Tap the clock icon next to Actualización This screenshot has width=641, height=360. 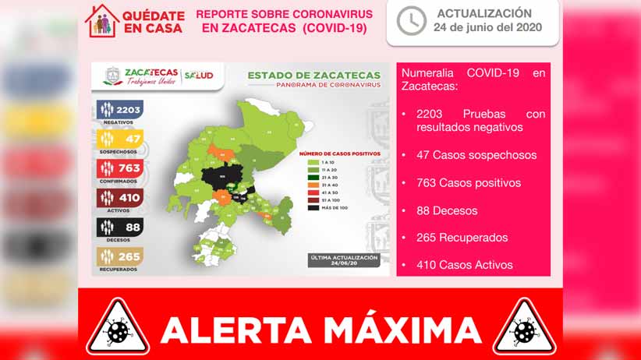[x=411, y=21]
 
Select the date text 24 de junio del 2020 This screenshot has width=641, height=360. [x=487, y=28]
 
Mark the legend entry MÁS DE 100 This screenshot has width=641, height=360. [x=332, y=207]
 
